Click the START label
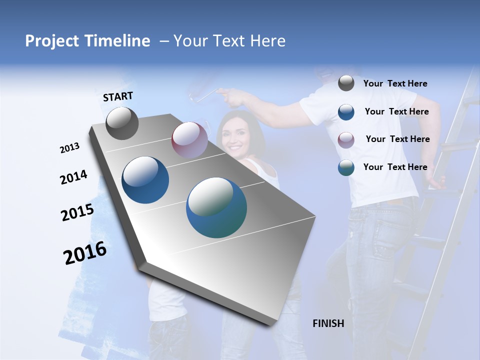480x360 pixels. [118, 96]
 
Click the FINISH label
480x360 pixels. [328, 323]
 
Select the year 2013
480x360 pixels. [69, 148]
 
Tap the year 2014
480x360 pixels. [73, 177]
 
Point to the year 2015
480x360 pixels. [77, 212]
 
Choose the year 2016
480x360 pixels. [85, 253]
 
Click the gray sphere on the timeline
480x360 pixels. [122, 123]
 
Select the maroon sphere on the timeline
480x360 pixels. [189, 139]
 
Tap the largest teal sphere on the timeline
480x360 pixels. [216, 207]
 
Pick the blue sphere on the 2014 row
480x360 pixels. [145, 180]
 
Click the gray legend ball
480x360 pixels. [346, 83]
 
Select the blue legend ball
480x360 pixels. [346, 112]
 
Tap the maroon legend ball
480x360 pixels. [346, 140]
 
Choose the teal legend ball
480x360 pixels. [346, 167]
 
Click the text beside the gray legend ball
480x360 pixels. [395, 83]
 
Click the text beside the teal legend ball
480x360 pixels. [395, 167]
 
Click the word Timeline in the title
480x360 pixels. [117, 41]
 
